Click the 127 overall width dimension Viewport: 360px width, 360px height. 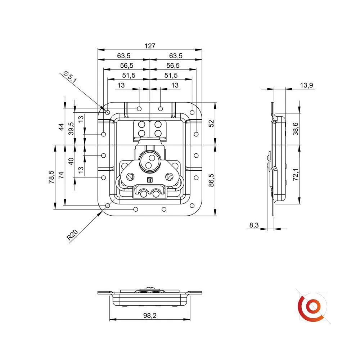tap(150, 46)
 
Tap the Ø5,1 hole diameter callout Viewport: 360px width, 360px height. tap(70, 77)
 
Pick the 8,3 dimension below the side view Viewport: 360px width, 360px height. tap(254, 225)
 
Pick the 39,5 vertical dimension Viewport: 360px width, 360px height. tap(71, 129)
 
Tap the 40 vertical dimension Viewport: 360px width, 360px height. tap(71, 161)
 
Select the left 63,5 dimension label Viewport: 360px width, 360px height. tap(123, 56)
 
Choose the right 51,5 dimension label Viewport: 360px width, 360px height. tap(171, 75)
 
